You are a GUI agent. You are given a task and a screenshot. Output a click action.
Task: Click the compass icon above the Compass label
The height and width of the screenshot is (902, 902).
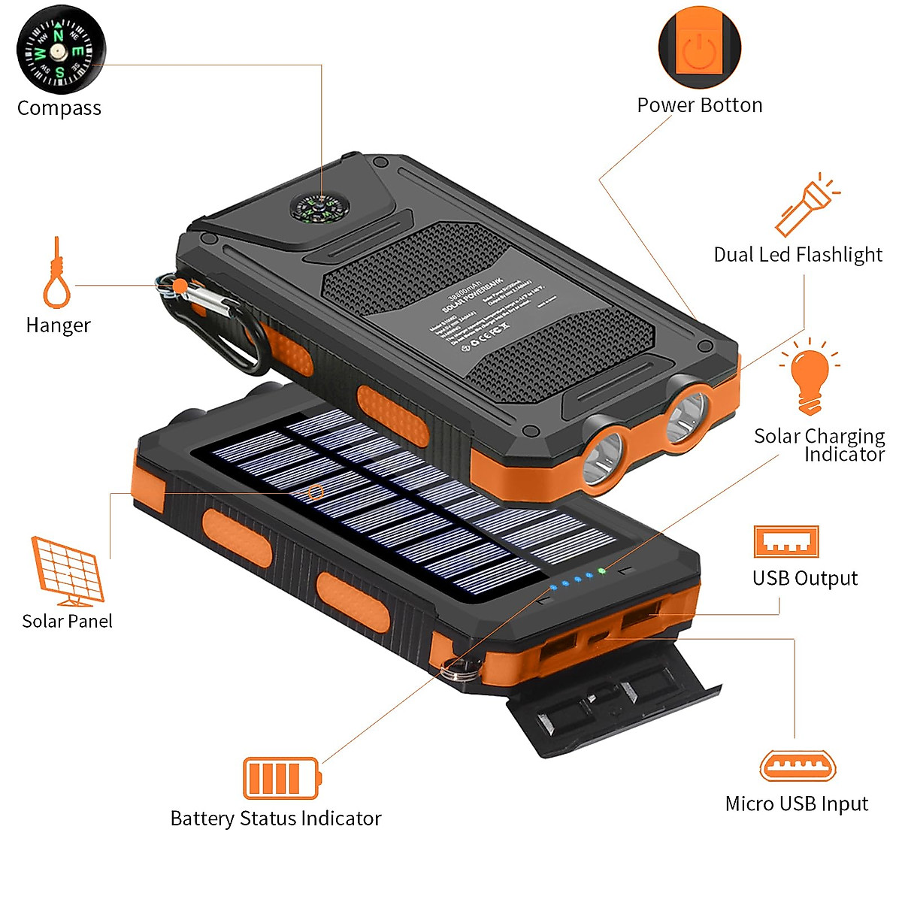coord(60,50)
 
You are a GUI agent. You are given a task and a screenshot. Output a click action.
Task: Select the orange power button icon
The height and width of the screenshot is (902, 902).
coord(699,47)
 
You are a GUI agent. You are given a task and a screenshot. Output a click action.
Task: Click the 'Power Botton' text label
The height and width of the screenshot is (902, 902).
coord(699,105)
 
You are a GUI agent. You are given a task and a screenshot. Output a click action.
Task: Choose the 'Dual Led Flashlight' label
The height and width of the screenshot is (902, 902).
coord(798,255)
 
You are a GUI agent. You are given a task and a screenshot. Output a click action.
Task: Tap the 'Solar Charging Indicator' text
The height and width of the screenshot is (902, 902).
coord(819,445)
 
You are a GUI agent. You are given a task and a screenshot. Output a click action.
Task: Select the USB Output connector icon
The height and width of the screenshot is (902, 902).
coord(786,541)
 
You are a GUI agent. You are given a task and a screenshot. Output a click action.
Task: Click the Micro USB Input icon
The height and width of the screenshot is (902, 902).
coord(798,766)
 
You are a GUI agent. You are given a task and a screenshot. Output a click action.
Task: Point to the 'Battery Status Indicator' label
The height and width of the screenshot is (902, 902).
coord(276,818)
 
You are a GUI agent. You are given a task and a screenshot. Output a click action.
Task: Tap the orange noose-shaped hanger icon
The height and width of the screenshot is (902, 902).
coord(56,274)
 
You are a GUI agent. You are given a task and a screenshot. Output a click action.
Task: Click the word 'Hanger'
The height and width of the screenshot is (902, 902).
coord(58,325)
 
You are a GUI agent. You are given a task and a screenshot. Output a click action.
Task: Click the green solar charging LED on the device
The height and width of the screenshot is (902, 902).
coord(601,571)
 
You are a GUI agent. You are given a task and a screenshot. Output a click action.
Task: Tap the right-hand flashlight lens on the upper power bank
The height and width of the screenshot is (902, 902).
coord(686,416)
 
